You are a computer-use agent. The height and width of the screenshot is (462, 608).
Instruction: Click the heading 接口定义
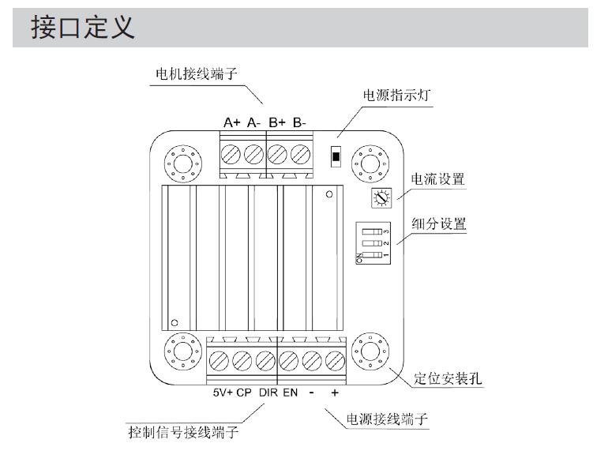(x=83, y=28)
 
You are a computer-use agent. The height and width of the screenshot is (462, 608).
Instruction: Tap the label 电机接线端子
(x=195, y=74)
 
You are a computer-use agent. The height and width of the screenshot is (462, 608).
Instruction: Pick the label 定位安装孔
(x=448, y=378)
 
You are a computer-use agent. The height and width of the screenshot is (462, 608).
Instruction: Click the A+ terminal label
(x=231, y=122)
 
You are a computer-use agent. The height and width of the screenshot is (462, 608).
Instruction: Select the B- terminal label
(x=298, y=122)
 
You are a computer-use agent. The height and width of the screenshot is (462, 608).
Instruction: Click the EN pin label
(x=290, y=393)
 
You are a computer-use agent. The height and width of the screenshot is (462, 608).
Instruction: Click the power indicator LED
(x=336, y=155)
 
